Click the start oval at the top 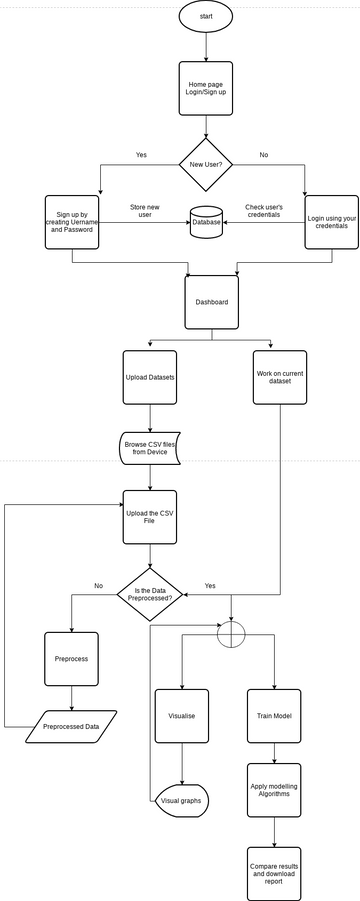point(205,16)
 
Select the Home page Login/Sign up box point(205,91)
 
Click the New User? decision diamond point(205,164)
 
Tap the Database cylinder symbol point(206,222)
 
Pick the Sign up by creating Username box point(72,222)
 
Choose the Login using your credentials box point(331,222)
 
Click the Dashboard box point(212,301)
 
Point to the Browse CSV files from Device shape point(150,448)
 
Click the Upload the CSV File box point(150,517)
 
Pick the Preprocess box point(72,660)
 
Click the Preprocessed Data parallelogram point(71,726)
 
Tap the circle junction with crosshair point(231,633)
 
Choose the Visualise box point(181,716)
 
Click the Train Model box point(274,716)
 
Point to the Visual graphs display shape point(181,801)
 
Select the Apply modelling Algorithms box point(274,791)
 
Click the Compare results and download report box point(274,870)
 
